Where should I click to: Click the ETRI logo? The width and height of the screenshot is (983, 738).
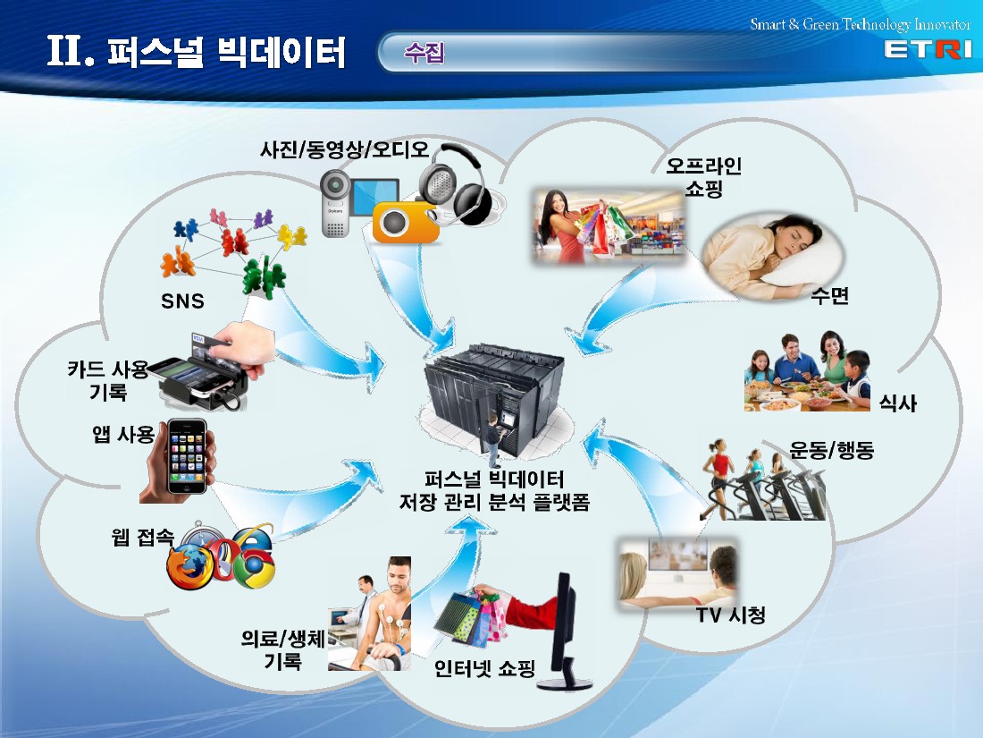point(928,49)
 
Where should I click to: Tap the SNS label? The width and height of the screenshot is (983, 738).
point(182,301)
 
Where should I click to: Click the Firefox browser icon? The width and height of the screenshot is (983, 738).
point(189,566)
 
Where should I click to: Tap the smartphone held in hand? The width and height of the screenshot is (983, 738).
point(187,456)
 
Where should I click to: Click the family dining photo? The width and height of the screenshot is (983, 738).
point(808,371)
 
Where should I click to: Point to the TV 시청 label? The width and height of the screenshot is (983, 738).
point(730,615)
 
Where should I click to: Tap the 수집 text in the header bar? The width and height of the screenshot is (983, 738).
point(424,52)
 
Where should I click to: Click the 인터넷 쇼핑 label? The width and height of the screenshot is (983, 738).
point(484,668)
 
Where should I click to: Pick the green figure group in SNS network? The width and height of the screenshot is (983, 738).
point(264,277)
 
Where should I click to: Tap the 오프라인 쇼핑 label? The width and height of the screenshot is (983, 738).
point(703,177)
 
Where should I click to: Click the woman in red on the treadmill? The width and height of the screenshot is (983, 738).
point(718,474)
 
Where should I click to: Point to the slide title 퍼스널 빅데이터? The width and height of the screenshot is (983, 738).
point(226,52)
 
